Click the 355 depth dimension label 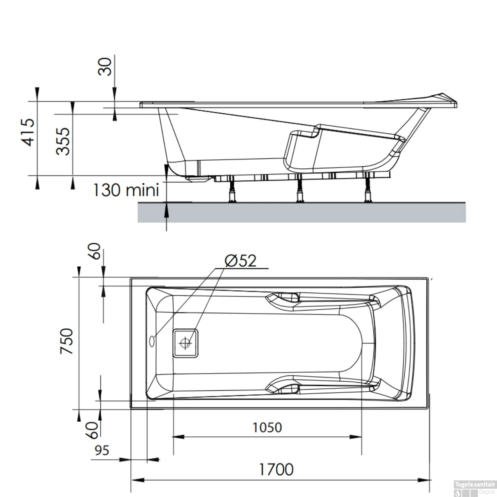pos(63,141)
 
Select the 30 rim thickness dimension pos(105,67)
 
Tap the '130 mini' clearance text pos(126,190)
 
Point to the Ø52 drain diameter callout pos(241,261)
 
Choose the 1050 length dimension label pos(267,427)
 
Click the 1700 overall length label pos(276,469)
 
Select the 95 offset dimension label pos(102,450)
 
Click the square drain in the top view pos(186,343)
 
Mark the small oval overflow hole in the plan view pos(152,341)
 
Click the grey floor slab pos(302,212)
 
